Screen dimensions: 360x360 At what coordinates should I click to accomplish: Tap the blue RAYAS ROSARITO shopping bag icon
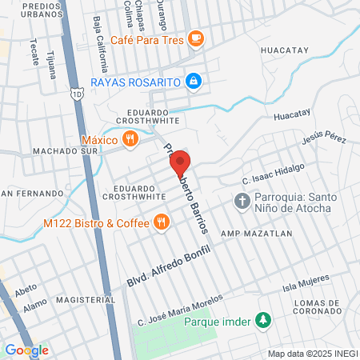pos(193,81)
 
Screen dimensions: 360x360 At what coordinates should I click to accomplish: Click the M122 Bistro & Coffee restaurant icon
pos(162,222)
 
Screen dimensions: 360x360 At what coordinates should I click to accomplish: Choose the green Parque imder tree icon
pos(262,321)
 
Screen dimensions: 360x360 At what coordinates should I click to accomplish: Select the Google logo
pos(26,350)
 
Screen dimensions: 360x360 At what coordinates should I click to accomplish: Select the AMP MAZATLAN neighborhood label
pos(251,234)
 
